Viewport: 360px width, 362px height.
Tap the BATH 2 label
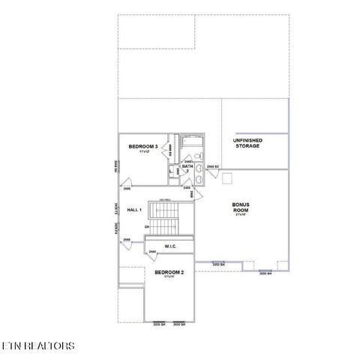[187, 166]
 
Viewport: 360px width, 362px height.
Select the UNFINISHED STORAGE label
[247, 143]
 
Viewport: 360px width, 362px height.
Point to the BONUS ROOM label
[240, 208]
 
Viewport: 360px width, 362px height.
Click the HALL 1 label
[134, 210]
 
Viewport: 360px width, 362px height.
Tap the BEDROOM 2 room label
[169, 272]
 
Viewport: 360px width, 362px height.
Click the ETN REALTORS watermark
[38, 346]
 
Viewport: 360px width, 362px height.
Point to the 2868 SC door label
[211, 166]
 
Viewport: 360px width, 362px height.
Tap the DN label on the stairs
[147, 226]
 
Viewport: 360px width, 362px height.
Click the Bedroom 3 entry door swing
[127, 182]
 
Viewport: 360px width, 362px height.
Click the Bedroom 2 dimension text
[169, 277]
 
